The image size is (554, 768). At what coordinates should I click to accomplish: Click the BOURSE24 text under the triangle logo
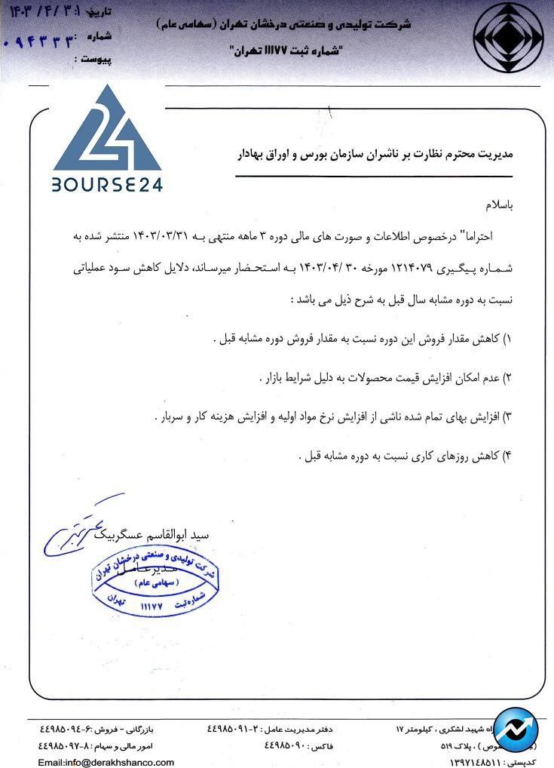click(x=107, y=184)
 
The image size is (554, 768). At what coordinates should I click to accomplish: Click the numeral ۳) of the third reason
click(x=507, y=416)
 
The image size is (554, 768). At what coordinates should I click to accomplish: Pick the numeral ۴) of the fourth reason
click(x=507, y=456)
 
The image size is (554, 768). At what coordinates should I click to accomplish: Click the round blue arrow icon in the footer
click(x=516, y=730)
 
